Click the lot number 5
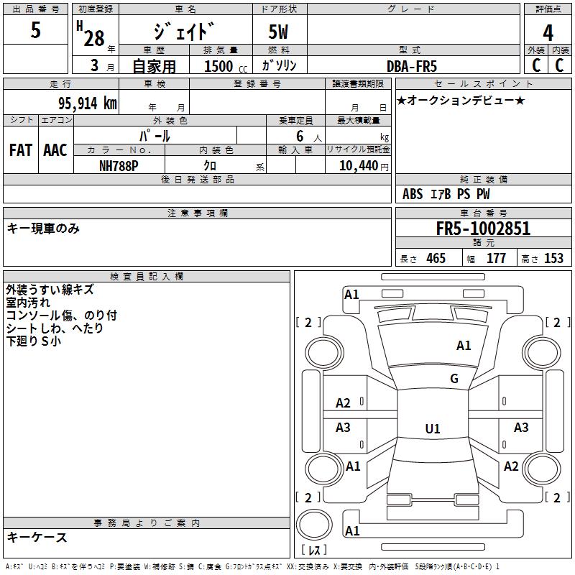(x=36, y=31)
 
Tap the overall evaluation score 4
(x=548, y=32)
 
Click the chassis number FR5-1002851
(x=483, y=229)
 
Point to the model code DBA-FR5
(x=413, y=66)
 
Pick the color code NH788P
(x=119, y=165)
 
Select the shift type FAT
(x=20, y=150)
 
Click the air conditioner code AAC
(x=55, y=150)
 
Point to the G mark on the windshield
(x=454, y=379)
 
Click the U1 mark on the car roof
(x=432, y=429)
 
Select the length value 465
(x=436, y=259)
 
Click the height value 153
(x=553, y=259)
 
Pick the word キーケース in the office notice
(x=37, y=537)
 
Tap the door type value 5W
(x=280, y=32)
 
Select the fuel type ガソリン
(x=280, y=66)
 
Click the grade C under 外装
(x=536, y=65)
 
